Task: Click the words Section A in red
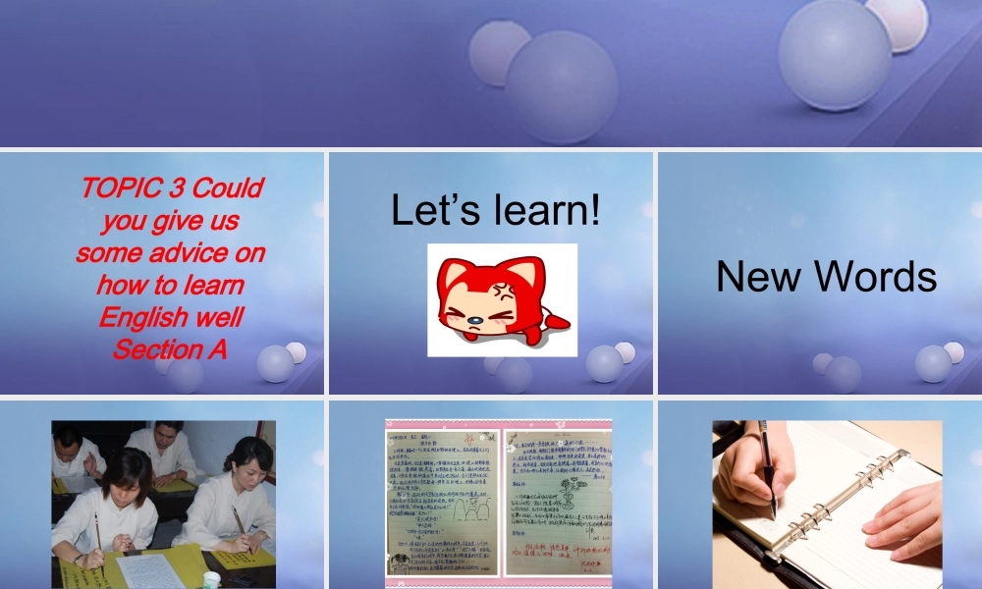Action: (170, 348)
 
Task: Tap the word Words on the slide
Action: (876, 277)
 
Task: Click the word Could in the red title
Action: (229, 188)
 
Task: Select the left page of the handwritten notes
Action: (443, 501)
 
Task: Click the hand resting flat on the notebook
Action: (903, 520)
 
